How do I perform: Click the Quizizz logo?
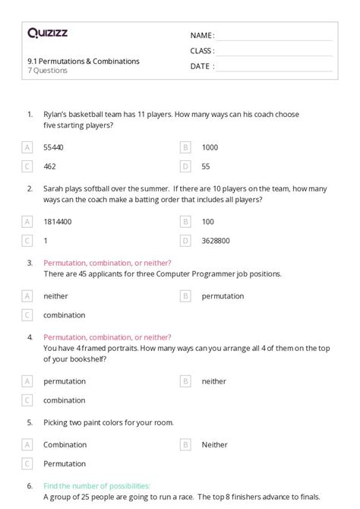click(46, 33)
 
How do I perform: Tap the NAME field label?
click(201, 35)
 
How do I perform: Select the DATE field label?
click(200, 66)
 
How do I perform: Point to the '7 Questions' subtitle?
click(47, 71)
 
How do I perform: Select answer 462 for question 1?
click(49, 166)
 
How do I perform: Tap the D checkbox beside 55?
click(185, 166)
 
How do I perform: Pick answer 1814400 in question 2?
click(58, 221)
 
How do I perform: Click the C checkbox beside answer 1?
click(27, 240)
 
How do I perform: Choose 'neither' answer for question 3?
click(55, 296)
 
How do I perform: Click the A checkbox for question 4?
click(27, 381)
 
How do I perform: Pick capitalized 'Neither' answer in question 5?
click(214, 444)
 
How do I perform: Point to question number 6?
click(30, 485)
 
